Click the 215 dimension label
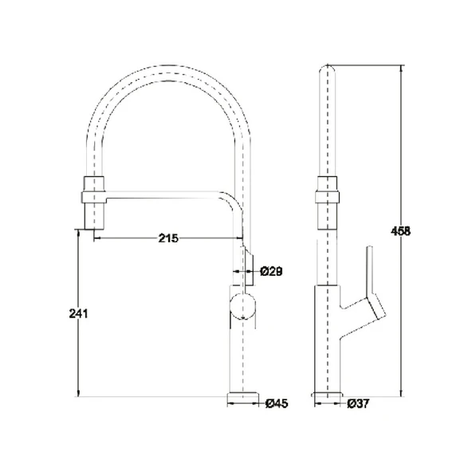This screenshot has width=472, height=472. click(x=168, y=238)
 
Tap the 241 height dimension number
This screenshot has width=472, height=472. click(x=78, y=313)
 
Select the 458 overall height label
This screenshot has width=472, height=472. click(x=400, y=231)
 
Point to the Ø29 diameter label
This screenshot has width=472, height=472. click(x=271, y=272)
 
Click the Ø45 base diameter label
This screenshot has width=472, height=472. click(x=277, y=403)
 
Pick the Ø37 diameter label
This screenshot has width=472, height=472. click(x=358, y=403)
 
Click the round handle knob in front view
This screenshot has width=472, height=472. click(x=242, y=306)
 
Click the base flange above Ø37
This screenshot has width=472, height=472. click(x=328, y=395)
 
